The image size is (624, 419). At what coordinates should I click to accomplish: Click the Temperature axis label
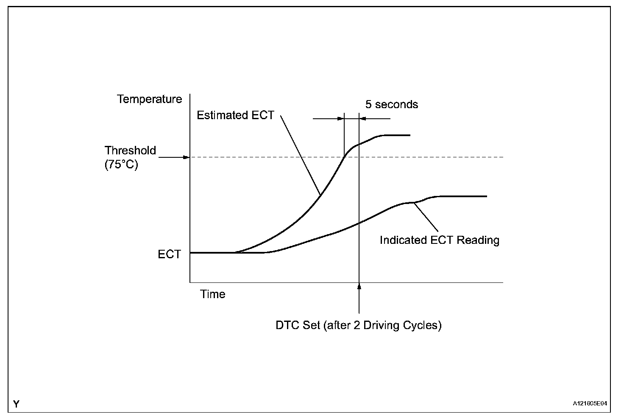pos(149,99)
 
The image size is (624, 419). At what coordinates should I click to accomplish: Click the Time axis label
pos(213,294)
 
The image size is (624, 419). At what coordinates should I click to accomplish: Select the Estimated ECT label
pos(235,115)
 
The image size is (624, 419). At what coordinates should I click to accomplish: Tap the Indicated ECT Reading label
pos(439,240)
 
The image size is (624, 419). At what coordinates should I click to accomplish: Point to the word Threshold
pos(130,151)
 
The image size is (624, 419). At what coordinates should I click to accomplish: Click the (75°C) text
pos(122,165)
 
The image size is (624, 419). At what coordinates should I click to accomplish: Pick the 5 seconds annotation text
pos(392,105)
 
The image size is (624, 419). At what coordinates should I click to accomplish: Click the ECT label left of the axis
pos(169,254)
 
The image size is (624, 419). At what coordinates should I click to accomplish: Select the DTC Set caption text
pos(358,326)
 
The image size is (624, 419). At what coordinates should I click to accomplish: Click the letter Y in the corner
pos(16,404)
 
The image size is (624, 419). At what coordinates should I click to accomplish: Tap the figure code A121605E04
pos(590,404)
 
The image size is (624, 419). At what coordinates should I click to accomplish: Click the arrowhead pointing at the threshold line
pos(186,157)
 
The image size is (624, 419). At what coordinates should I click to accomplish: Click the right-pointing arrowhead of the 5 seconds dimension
pos(340,119)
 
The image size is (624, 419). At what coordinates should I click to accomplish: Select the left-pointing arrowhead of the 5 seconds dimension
pos(363,119)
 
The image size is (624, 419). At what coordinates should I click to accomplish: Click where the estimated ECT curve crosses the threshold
pos(344,157)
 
